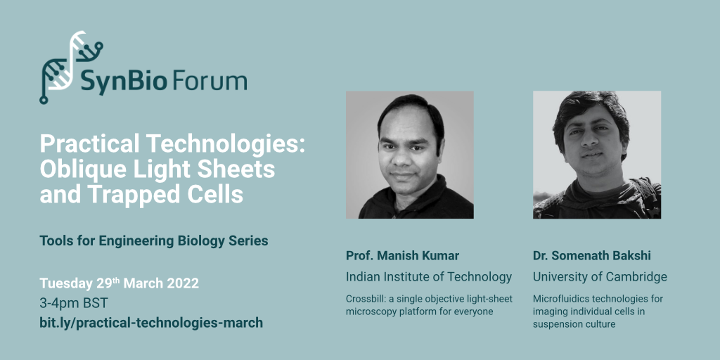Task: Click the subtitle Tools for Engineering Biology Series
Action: pos(154,241)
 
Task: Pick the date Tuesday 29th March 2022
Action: pos(120,283)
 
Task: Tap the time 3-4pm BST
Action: pos(73,304)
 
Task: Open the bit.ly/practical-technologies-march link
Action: pos(152,323)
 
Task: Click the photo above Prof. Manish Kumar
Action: pos(410,155)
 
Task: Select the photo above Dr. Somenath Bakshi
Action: pos(597,155)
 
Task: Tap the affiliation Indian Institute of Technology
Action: pos(429,277)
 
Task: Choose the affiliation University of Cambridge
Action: pos(600,277)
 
